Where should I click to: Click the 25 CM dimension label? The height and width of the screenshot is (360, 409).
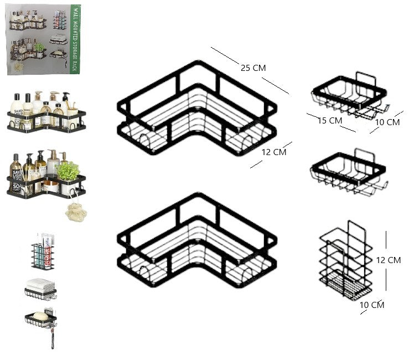click(x=253, y=68)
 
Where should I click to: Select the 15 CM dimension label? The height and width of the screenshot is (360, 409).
click(x=330, y=120)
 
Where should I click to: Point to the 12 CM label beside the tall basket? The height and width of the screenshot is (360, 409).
click(x=388, y=260)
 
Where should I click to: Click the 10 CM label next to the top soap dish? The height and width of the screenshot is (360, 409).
click(x=387, y=122)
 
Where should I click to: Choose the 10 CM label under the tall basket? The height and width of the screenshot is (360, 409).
click(x=372, y=305)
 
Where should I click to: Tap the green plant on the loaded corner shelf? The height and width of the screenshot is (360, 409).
click(x=68, y=170)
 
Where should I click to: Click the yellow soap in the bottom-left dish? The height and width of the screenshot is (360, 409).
click(x=40, y=316)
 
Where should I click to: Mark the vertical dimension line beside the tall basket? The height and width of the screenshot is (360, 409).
click(x=386, y=260)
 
